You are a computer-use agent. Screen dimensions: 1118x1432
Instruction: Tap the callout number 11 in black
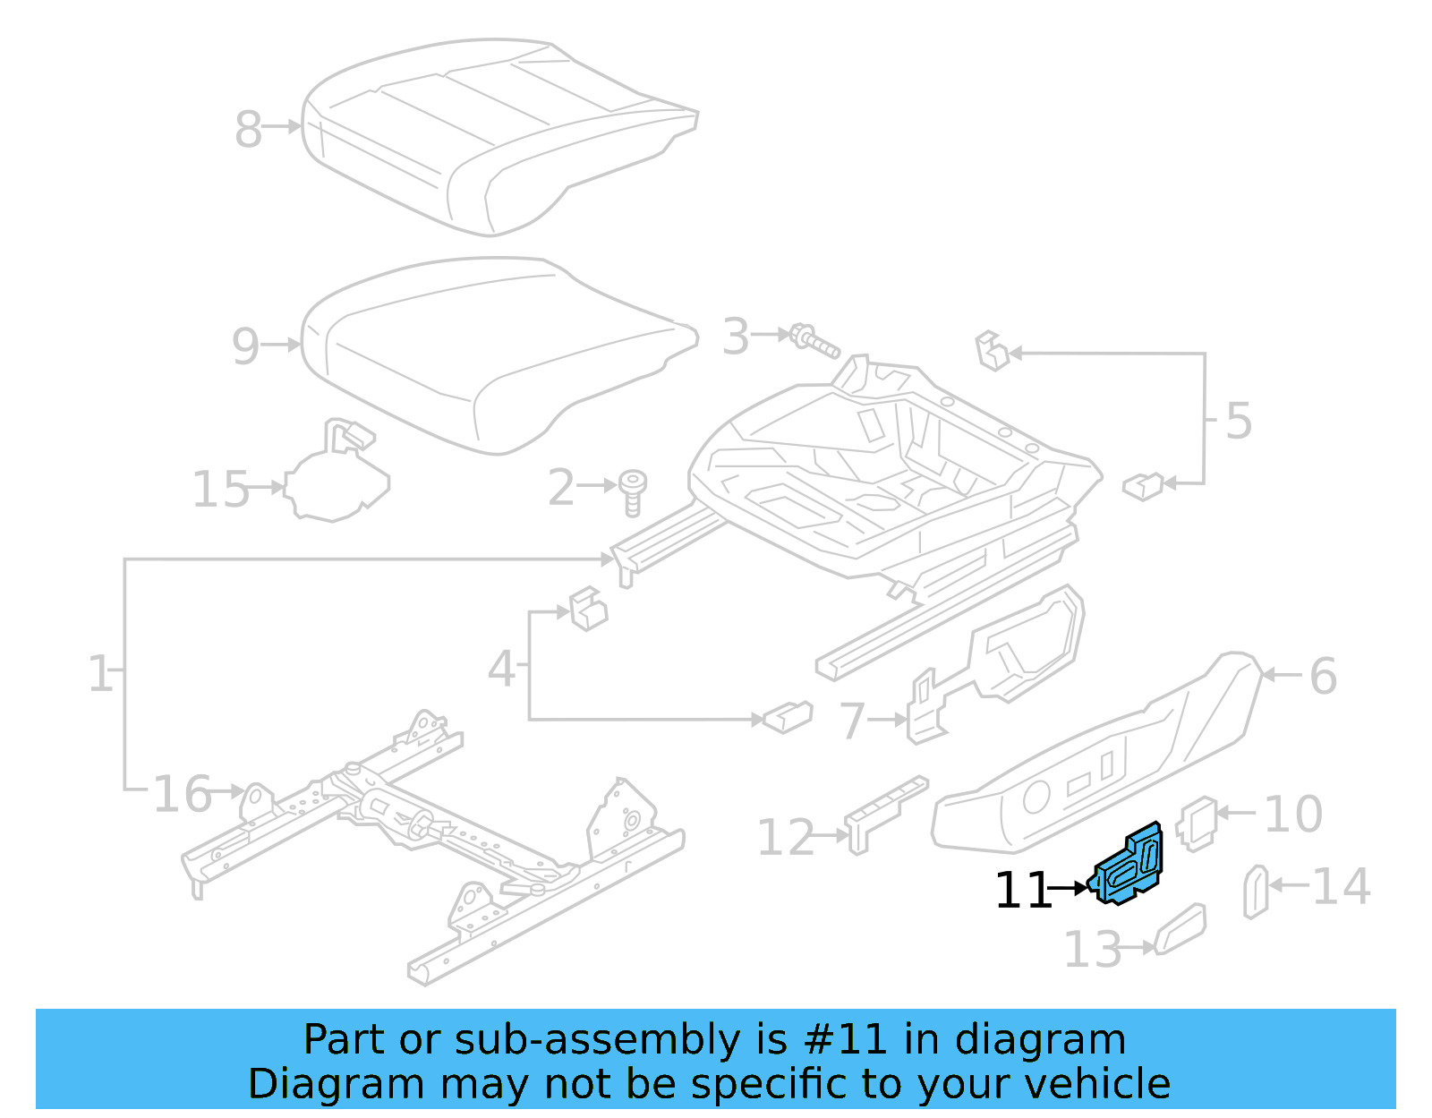(x=1023, y=891)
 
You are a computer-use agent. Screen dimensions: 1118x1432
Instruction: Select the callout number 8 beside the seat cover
(x=248, y=129)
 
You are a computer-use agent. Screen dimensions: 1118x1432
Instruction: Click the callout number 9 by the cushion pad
(x=245, y=346)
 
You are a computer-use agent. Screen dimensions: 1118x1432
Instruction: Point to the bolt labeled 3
(x=814, y=340)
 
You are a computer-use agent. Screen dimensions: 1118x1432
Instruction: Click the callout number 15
(x=221, y=490)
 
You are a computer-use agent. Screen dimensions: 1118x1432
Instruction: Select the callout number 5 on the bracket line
(x=1238, y=420)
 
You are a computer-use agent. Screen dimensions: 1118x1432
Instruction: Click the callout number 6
(x=1323, y=676)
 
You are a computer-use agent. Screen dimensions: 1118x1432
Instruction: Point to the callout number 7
(x=853, y=721)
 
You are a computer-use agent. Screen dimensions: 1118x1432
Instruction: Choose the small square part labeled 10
(x=1198, y=823)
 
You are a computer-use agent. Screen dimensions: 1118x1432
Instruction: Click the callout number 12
(x=786, y=838)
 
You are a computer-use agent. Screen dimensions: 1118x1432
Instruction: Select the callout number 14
(x=1341, y=886)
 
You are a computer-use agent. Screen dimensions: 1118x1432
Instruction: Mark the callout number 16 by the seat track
(x=183, y=794)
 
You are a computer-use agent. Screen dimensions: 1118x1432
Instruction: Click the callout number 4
(x=501, y=669)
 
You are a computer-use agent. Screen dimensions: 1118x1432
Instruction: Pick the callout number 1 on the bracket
(x=100, y=673)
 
